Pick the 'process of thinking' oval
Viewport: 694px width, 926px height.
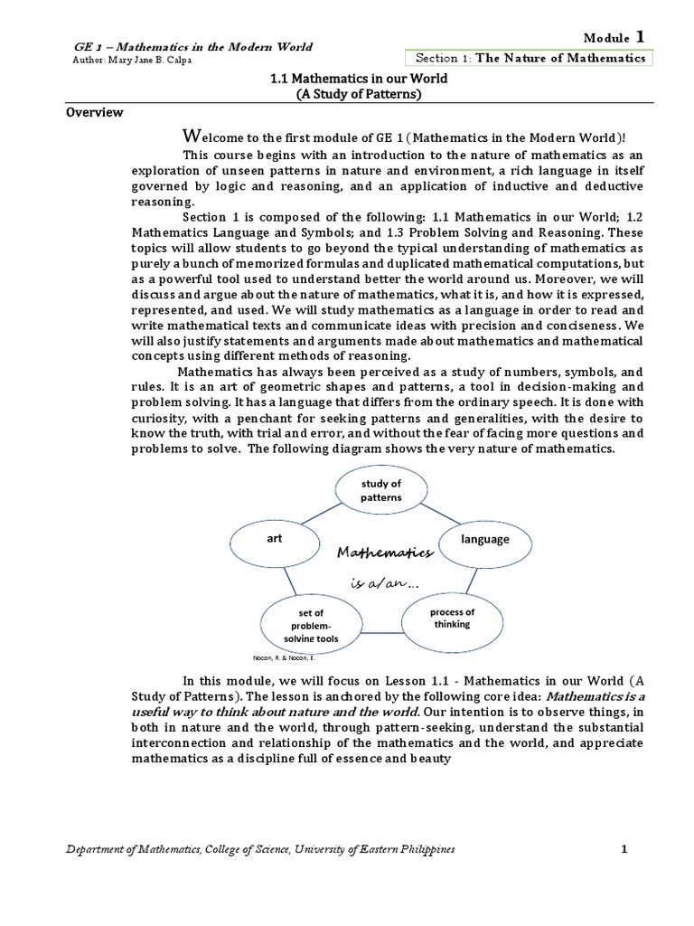coord(451,619)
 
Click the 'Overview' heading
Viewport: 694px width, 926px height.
coord(95,113)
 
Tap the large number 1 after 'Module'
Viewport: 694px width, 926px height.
coord(640,36)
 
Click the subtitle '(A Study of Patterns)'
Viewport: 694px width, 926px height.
coord(347,94)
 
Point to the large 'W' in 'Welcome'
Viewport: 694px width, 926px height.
coord(190,137)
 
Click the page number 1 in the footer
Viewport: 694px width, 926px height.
coord(624,849)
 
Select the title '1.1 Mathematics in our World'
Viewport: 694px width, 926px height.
coord(347,79)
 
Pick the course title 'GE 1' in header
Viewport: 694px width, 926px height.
coord(85,47)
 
